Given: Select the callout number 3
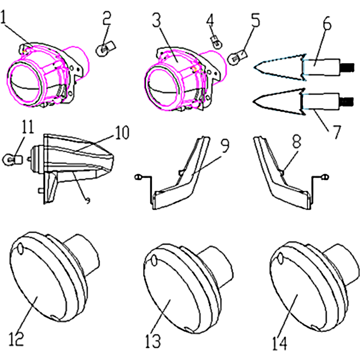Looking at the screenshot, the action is tap(157, 19).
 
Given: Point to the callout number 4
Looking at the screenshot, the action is tap(210, 20).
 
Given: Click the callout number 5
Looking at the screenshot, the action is tap(255, 20).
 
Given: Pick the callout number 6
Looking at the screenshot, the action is tap(328, 22).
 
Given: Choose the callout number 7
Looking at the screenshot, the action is tap(336, 131).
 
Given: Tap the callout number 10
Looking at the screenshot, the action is tap(122, 132).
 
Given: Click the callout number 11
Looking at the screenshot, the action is tap(27, 126).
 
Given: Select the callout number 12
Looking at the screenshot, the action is tap(16, 339).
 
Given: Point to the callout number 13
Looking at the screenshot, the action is tap(153, 341).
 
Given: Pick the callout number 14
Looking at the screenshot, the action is tap(279, 343).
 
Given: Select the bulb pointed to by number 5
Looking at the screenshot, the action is tap(237, 57).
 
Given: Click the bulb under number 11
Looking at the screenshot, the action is tap(13, 159).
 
